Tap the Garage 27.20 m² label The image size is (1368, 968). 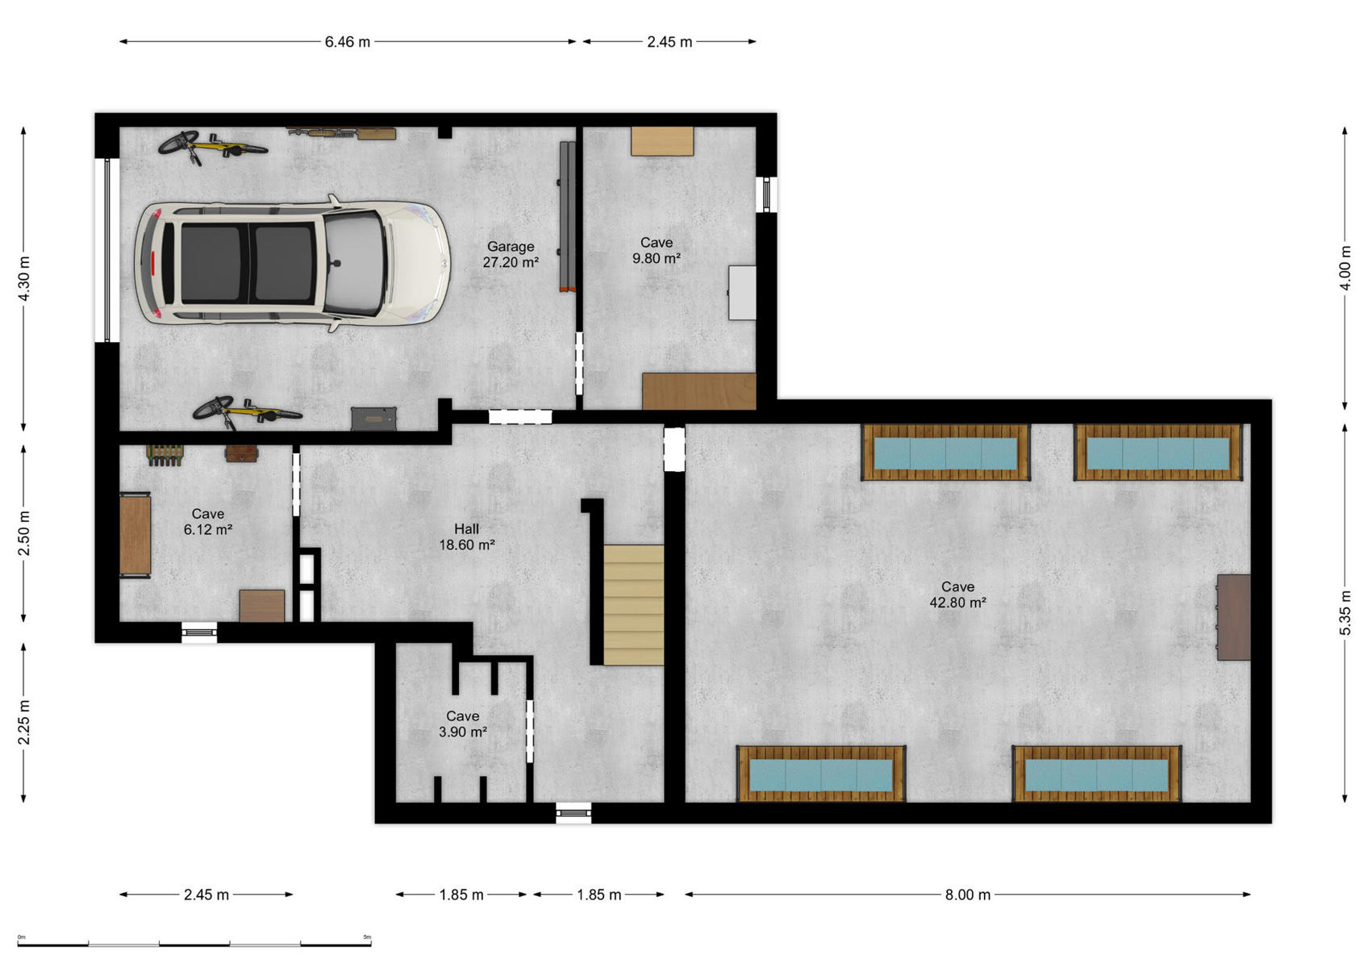(x=511, y=254)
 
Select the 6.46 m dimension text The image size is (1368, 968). (x=347, y=41)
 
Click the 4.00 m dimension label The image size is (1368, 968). (x=1345, y=268)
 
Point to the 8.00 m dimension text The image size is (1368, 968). (x=968, y=895)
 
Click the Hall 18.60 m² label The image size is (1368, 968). (x=466, y=536)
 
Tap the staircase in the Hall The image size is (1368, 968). (x=633, y=605)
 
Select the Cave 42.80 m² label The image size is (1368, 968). (x=957, y=595)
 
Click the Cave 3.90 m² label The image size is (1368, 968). (x=462, y=724)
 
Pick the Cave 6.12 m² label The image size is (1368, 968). (x=207, y=522)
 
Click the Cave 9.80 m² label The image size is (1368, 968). (x=657, y=250)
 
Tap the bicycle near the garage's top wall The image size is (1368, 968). (x=212, y=147)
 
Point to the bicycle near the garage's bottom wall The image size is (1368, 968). (x=247, y=411)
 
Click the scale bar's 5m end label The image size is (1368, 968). (x=367, y=937)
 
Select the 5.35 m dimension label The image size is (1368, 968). (x=1345, y=612)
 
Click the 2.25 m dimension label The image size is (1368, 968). (x=24, y=723)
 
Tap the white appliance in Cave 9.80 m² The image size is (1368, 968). (x=742, y=293)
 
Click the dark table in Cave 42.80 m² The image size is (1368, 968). (x=1233, y=617)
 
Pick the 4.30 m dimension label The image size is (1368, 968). (x=24, y=278)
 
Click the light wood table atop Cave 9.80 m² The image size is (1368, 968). (x=662, y=141)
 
